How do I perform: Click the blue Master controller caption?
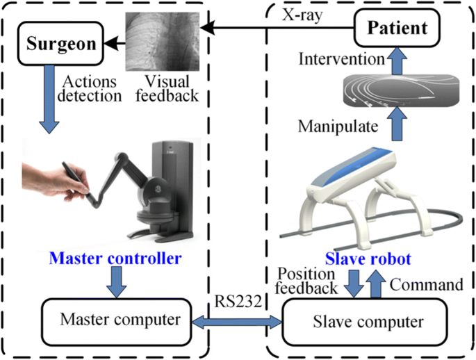tap(115, 259)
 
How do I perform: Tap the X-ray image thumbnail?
tap(161, 43)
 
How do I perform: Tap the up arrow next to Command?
tap(375, 284)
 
